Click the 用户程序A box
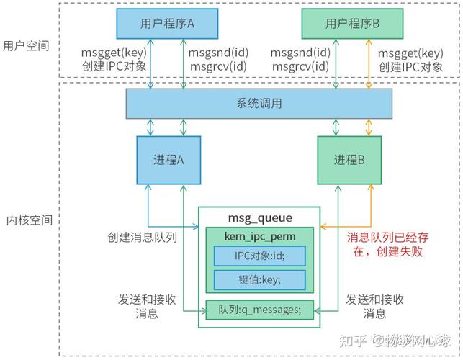point(166,23)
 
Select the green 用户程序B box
point(352,23)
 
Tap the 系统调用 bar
point(259,104)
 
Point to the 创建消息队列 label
point(143,238)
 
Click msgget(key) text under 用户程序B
point(410,53)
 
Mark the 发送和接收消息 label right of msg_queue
point(374,306)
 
